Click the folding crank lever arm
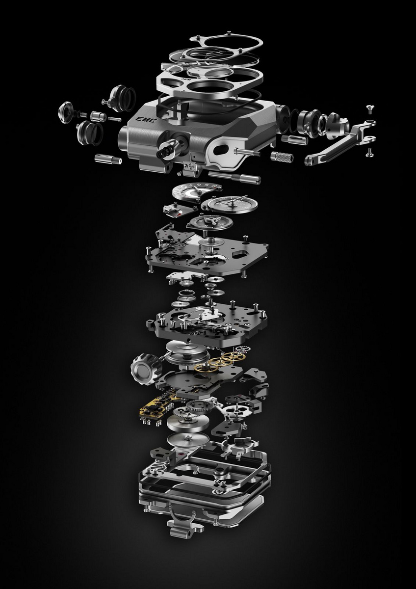point(338,142)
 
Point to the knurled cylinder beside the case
point(282,158)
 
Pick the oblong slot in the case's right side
point(224,149)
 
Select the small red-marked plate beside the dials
point(173,209)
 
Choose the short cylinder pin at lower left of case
point(107,160)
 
